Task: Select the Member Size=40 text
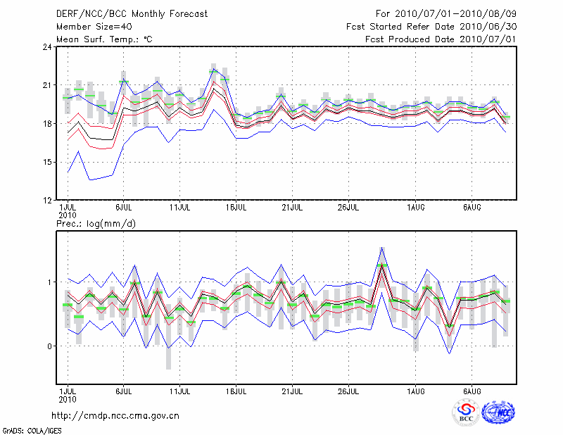tap(89, 26)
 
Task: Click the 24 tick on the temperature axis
tap(47, 47)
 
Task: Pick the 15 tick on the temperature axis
tap(47, 162)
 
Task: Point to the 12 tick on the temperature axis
tap(47, 201)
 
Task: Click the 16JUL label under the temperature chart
tap(236, 208)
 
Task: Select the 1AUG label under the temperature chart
tap(416, 208)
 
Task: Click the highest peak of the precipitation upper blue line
tap(382, 247)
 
